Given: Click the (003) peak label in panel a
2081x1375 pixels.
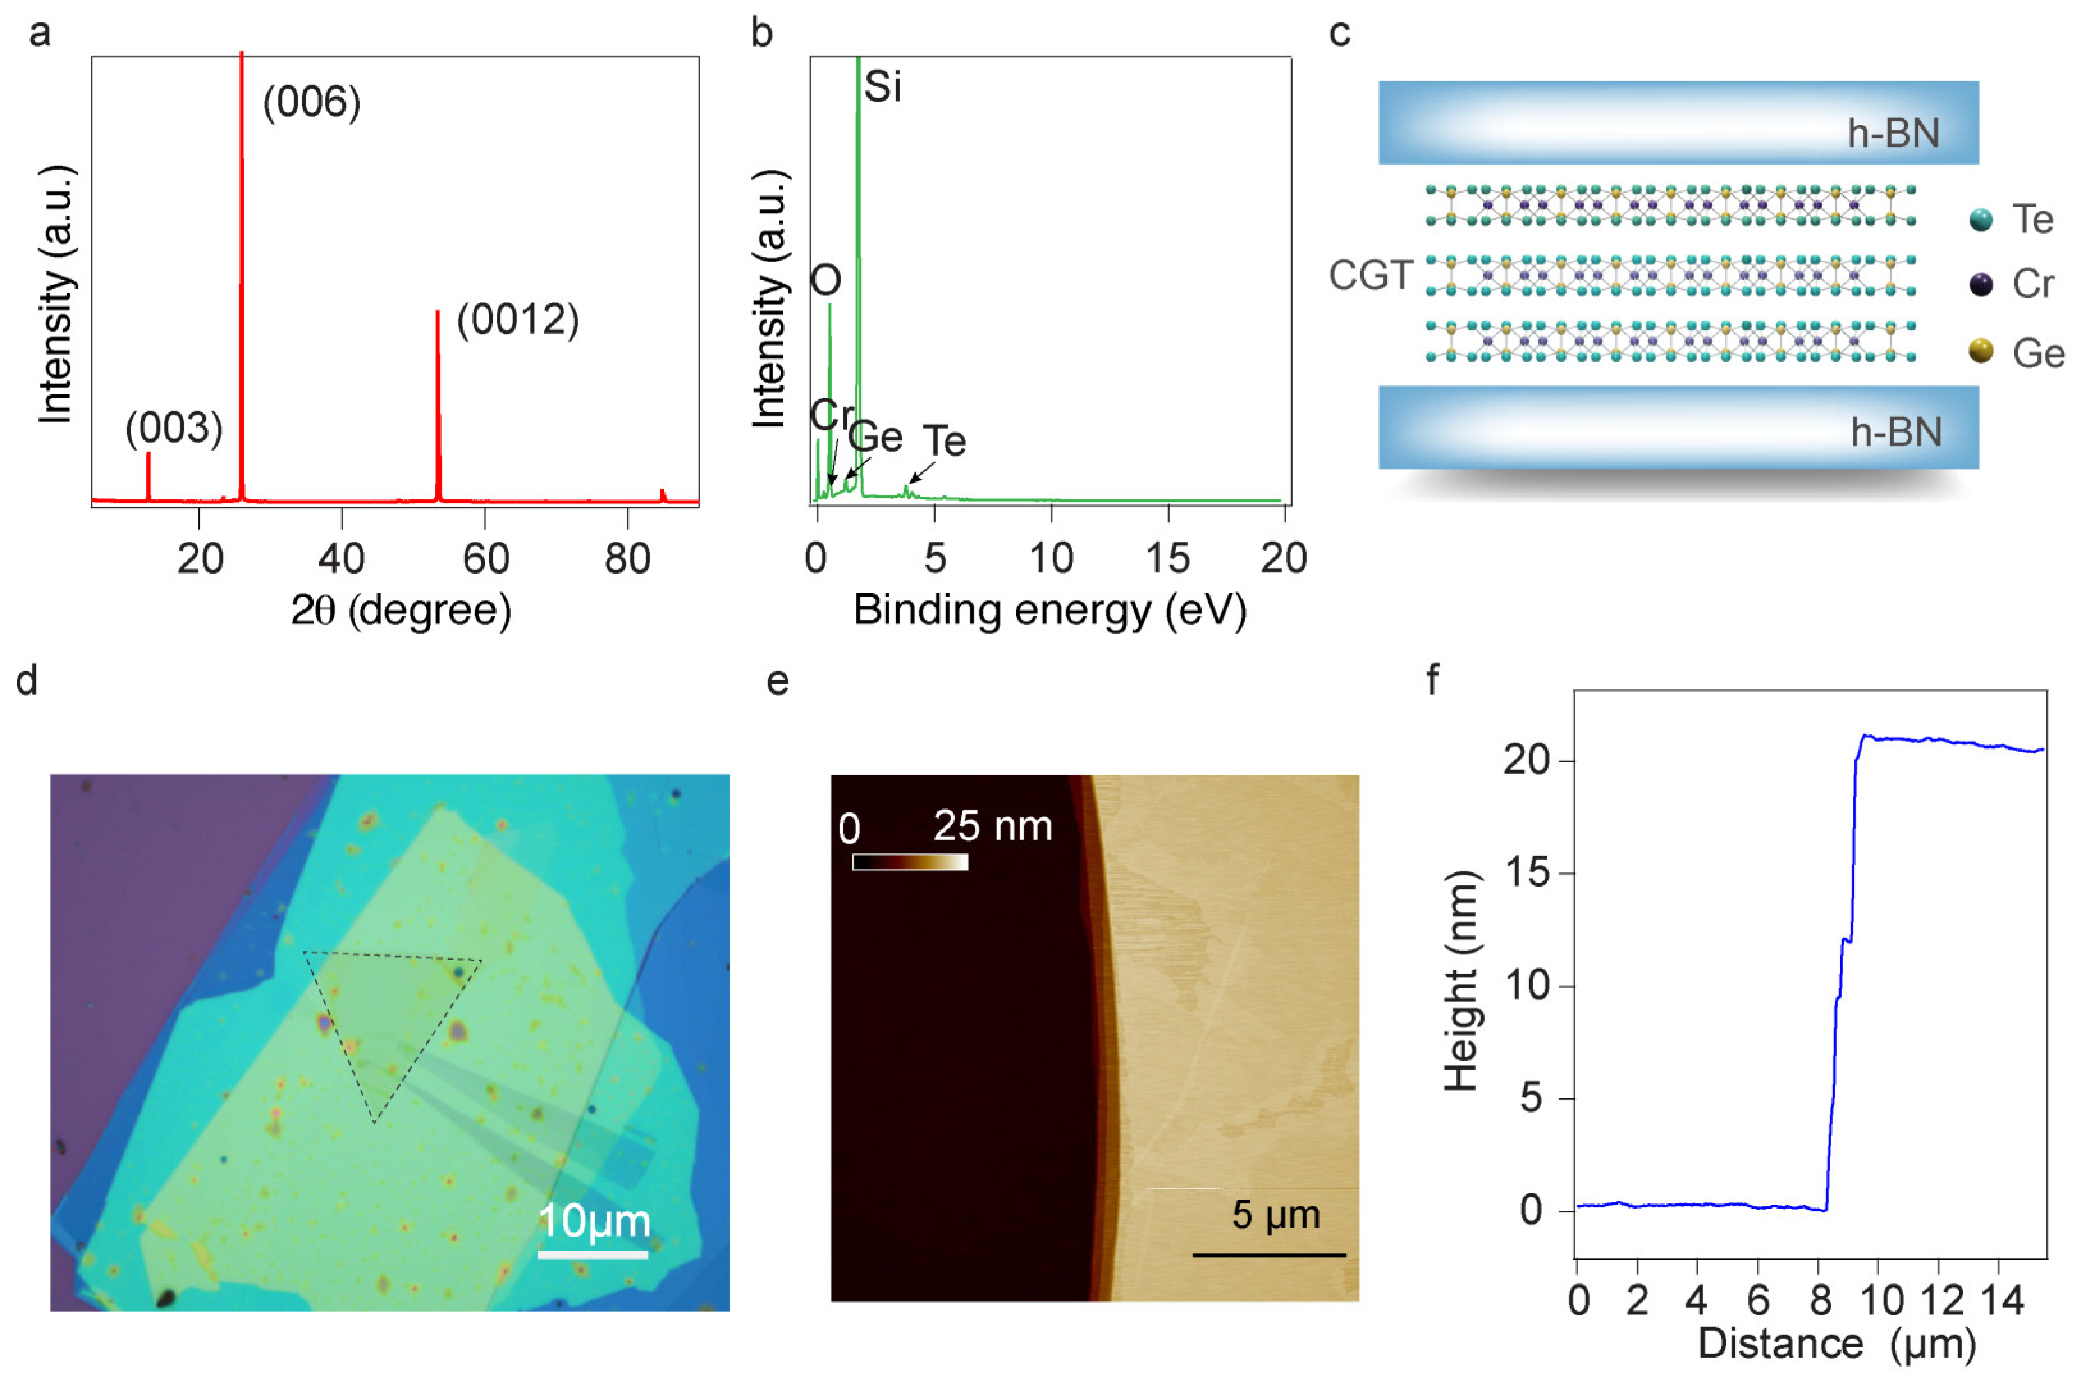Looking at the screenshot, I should [173, 428].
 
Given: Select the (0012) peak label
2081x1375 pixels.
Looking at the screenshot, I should [517, 319].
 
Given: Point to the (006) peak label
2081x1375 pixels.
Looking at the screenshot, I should [311, 102].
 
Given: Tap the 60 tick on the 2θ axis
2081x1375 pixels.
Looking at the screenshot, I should [485, 559].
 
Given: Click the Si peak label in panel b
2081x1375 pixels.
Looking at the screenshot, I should [882, 87].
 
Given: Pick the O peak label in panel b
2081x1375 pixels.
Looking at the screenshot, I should [825, 280].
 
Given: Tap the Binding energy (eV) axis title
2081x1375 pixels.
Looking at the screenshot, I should [1049, 610].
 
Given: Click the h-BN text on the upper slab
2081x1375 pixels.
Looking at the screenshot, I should [1894, 133].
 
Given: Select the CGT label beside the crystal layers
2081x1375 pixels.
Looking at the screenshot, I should [1370, 275].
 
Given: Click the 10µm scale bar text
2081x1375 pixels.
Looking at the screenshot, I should [593, 1221].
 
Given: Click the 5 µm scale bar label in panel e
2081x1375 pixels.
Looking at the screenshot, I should [1275, 1214].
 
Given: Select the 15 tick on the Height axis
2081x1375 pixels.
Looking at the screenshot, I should [1529, 872].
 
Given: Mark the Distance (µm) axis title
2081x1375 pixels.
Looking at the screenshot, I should [1837, 1344].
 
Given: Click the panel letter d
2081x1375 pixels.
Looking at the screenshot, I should [26, 680].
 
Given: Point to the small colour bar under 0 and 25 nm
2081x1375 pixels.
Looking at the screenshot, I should [910, 862].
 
